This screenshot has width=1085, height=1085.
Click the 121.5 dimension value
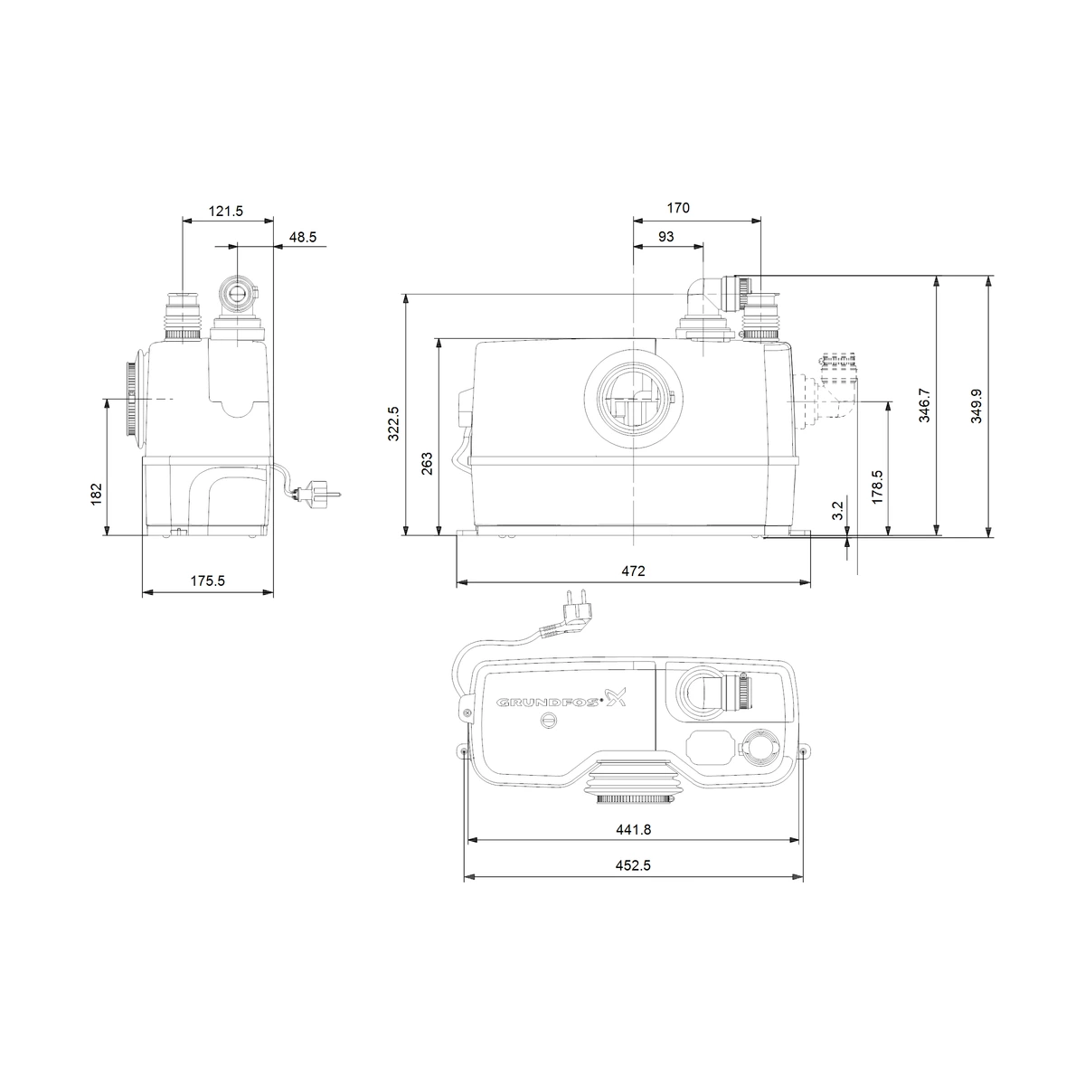pyautogui.click(x=226, y=212)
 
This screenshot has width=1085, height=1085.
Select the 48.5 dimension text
pyautogui.click(x=303, y=237)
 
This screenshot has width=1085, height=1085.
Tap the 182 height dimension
pyautogui.click(x=97, y=494)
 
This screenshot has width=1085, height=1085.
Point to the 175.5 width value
pyautogui.click(x=207, y=580)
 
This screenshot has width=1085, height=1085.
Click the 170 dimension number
pyautogui.click(x=678, y=208)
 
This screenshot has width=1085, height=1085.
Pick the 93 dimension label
pyautogui.click(x=665, y=237)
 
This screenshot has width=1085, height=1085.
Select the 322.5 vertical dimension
pyautogui.click(x=393, y=423)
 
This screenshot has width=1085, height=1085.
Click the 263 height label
pyautogui.click(x=427, y=464)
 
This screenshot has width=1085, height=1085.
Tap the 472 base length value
pyautogui.click(x=634, y=571)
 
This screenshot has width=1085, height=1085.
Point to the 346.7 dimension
pyautogui.click(x=924, y=405)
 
